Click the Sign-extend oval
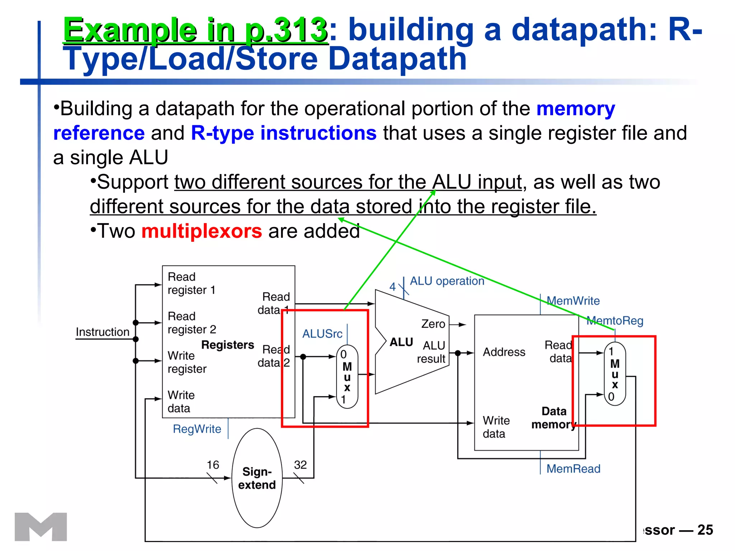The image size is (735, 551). click(x=257, y=478)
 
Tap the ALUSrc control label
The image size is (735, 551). click(x=322, y=334)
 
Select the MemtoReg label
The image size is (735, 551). click(x=615, y=320)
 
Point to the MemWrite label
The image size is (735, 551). click(x=573, y=301)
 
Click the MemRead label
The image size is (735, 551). click(x=573, y=468)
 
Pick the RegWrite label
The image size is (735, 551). click(x=197, y=429)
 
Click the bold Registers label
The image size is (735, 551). click(x=228, y=345)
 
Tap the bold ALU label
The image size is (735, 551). click(x=401, y=342)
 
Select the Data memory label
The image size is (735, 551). click(x=554, y=418)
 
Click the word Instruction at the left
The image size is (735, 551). click(x=103, y=332)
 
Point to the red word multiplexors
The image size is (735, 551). click(x=202, y=231)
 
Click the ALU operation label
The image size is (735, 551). click(x=447, y=281)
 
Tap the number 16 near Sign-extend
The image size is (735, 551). click(x=212, y=465)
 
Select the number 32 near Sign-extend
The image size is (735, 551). click(x=300, y=465)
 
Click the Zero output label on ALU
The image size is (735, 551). click(x=433, y=324)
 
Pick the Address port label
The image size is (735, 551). click(x=504, y=352)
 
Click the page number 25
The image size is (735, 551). click(x=705, y=530)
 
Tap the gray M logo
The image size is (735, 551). click(x=41, y=527)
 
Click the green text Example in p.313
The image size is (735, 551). click(x=195, y=30)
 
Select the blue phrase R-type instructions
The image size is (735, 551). click(x=284, y=133)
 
